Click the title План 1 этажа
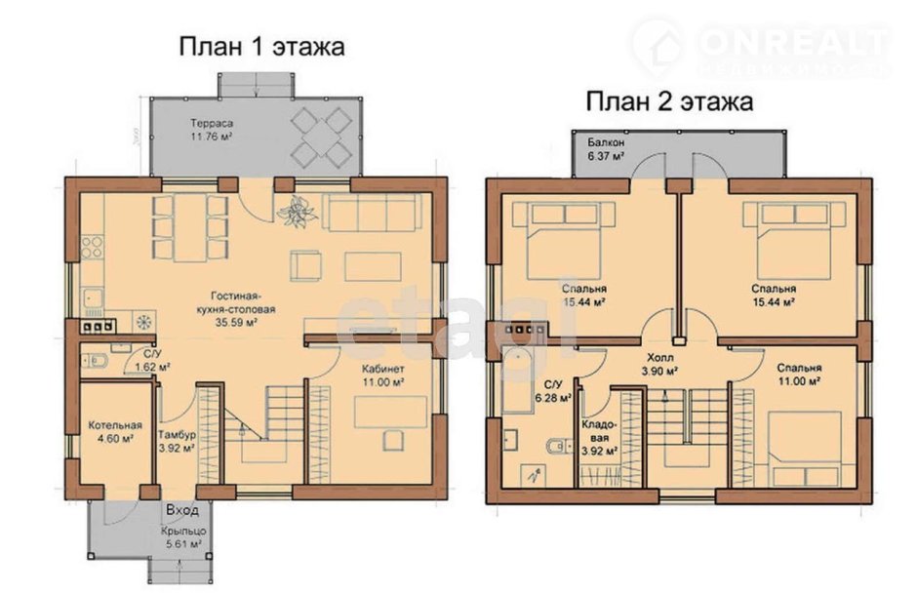260,46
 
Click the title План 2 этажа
668,100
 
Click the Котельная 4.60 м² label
115,432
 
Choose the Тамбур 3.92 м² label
176,442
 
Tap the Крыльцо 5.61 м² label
180,537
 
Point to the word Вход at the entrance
182,510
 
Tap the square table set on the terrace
322,136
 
